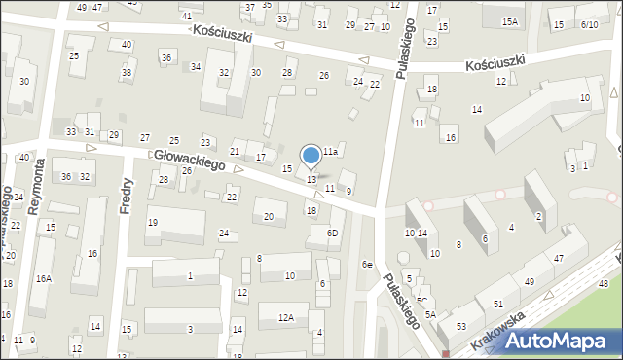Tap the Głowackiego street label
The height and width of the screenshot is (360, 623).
(189, 161)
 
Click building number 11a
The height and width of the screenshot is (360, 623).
(330, 152)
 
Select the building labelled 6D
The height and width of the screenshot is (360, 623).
(332, 234)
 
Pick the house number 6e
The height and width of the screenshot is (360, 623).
(367, 265)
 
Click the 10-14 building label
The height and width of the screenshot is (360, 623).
(416, 234)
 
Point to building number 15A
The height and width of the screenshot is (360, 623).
(510, 21)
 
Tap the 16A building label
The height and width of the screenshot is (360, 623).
(43, 278)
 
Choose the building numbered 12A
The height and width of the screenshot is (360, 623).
(285, 317)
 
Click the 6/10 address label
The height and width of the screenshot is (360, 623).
(589, 24)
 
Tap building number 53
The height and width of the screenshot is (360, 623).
(460, 326)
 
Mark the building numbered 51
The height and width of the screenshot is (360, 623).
(497, 305)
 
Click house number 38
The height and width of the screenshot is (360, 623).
(126, 73)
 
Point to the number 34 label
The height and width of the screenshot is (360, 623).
(196, 66)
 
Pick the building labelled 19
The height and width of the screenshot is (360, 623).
(153, 223)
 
